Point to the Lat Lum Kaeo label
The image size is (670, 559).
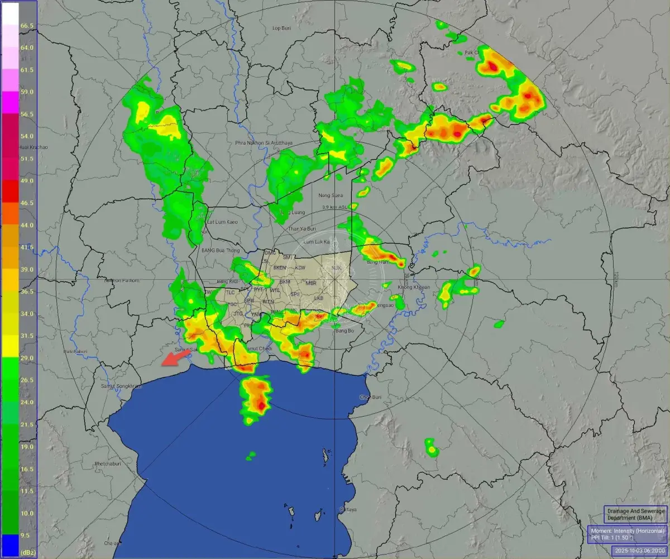219,222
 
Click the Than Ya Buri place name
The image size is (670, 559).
302,229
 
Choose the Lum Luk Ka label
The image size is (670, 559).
316,242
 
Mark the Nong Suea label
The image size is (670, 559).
329,195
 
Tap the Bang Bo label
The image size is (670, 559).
345,331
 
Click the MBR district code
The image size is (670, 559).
311,283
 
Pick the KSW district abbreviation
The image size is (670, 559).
300,267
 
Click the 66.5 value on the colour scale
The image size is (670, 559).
27,26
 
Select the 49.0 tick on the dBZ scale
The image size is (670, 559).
27,181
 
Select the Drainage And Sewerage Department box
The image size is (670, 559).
635,514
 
